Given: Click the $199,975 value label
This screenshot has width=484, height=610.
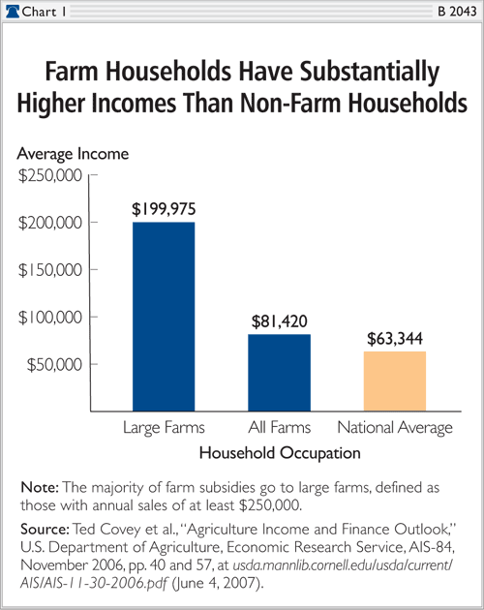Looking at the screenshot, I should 163,208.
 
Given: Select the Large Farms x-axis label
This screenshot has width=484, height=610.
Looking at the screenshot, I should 163,427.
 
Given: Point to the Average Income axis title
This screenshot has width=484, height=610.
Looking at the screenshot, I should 74,154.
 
